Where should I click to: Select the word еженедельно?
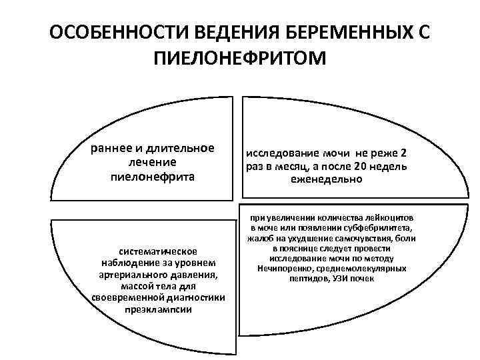pos(326,179)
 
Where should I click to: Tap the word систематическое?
pos(158,251)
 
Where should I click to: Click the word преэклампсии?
pos(158,311)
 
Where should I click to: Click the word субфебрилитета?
pos(377,228)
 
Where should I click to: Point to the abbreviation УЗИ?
pos(340,278)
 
